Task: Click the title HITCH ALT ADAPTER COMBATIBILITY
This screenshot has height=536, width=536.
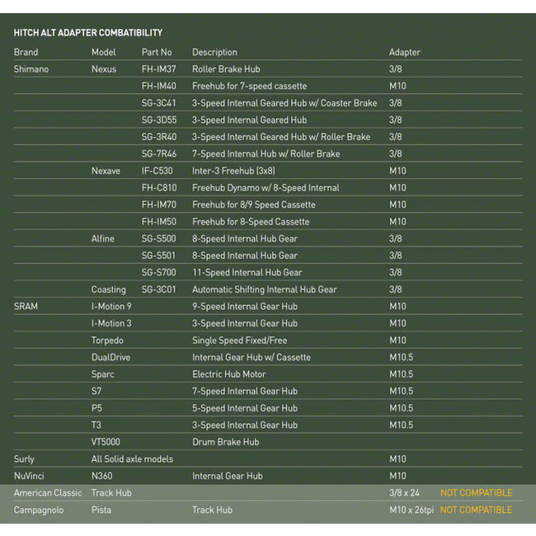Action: (88, 33)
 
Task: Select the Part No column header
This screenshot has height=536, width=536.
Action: (157, 53)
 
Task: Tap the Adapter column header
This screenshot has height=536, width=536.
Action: (404, 53)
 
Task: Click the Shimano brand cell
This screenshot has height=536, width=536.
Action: (31, 69)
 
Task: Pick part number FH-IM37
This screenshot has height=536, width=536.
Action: (158, 69)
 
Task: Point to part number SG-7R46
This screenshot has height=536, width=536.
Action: (159, 154)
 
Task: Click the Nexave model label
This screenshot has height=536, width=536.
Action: (106, 171)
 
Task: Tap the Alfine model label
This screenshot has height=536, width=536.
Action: (103, 239)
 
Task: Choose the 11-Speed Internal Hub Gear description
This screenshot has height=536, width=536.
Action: (247, 273)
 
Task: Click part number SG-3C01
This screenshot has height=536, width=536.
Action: (159, 289)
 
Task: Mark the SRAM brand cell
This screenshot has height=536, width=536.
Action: (26, 307)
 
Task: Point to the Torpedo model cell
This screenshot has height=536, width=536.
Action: (107, 341)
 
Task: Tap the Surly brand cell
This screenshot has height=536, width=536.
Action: (24, 459)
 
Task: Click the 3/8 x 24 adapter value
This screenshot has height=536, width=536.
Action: (407, 493)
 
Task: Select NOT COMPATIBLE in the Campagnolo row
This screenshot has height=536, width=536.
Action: (476, 510)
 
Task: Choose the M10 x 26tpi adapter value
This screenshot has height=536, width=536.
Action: (411, 510)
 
